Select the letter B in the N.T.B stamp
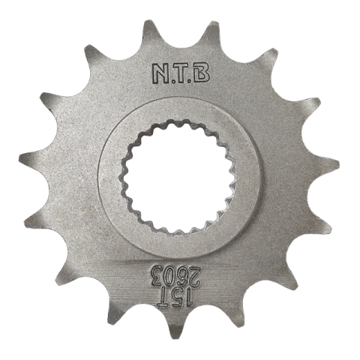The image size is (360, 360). coord(202,73)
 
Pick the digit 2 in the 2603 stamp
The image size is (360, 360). coord(196,277)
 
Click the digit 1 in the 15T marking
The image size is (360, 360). coord(190,298)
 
